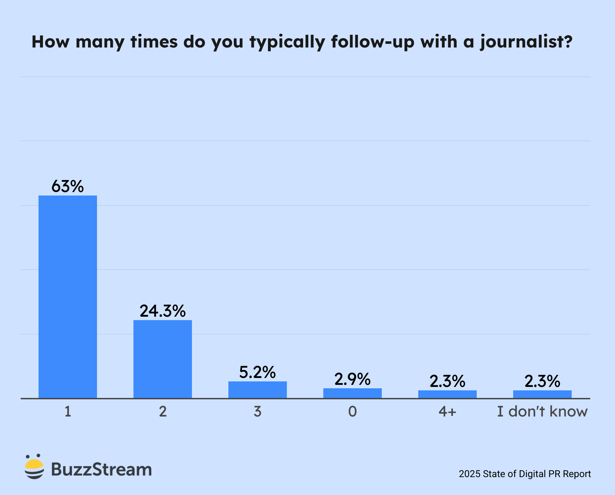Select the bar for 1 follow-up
click(68, 297)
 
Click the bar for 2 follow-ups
click(163, 359)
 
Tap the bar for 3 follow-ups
click(258, 390)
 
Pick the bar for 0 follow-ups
click(353, 393)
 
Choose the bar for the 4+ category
click(447, 394)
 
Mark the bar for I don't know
click(542, 394)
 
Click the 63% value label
click(68, 186)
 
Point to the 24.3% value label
click(163, 311)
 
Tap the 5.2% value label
click(258, 372)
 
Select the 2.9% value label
click(353, 379)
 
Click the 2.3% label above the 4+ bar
click(447, 381)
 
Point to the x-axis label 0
click(353, 411)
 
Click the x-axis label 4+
click(447, 411)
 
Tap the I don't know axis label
click(542, 411)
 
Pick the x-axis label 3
click(258, 411)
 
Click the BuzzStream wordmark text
click(101, 469)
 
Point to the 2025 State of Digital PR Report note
click(525, 474)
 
